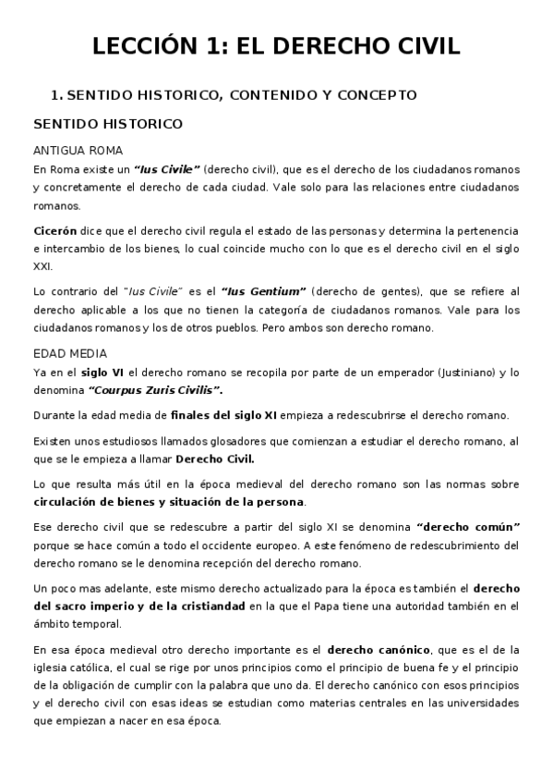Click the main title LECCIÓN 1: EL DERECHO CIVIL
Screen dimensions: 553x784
(276, 46)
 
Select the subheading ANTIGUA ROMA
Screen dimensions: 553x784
(78, 151)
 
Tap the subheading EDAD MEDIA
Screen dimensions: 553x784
(70, 353)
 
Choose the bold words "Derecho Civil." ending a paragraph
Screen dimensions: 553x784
(215, 459)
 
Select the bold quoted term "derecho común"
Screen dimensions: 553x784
(469, 525)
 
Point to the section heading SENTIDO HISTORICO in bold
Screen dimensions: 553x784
(108, 124)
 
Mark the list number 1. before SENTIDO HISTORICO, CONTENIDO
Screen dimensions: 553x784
(55, 94)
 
